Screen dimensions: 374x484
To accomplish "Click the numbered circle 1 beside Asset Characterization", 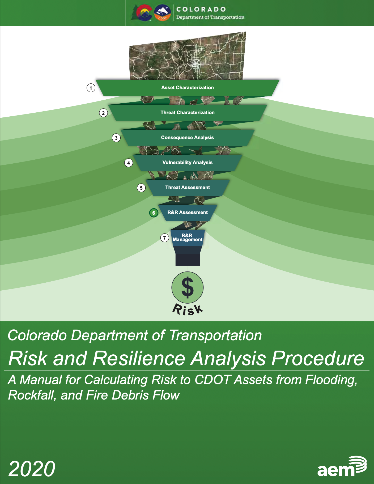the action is (x=91, y=88).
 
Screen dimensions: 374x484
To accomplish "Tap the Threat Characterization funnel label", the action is (x=188, y=113).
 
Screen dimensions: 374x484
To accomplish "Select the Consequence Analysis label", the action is (x=188, y=138).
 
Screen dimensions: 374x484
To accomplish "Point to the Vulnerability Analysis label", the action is (x=188, y=163).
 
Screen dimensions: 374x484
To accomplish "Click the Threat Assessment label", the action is (x=188, y=188).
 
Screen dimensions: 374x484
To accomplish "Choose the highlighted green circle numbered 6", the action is (x=154, y=213).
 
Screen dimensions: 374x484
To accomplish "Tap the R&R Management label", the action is (x=188, y=237).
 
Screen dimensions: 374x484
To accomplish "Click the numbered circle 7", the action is (x=165, y=238).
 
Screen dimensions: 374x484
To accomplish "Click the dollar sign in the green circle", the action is (x=188, y=287).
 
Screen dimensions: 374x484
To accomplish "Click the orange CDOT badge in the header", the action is (x=163, y=13).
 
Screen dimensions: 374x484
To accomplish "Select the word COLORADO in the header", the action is (x=201, y=9).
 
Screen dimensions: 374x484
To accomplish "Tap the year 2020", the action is (x=32, y=469).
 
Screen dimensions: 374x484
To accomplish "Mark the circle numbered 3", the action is (x=116, y=138).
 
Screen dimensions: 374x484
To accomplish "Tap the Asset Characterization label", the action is (x=188, y=88).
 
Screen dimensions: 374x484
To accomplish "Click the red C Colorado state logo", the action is (x=143, y=13).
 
